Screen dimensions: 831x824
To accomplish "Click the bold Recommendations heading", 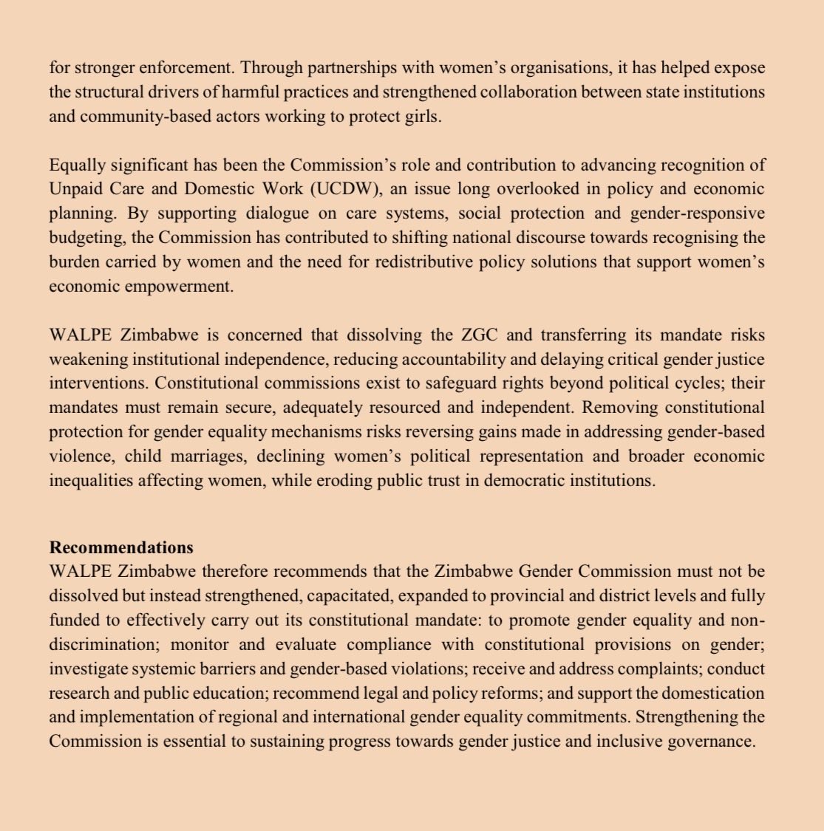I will (121, 547).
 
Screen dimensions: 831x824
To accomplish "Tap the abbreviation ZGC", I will (478, 335).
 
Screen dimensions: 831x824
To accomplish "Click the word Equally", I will (78, 165).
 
